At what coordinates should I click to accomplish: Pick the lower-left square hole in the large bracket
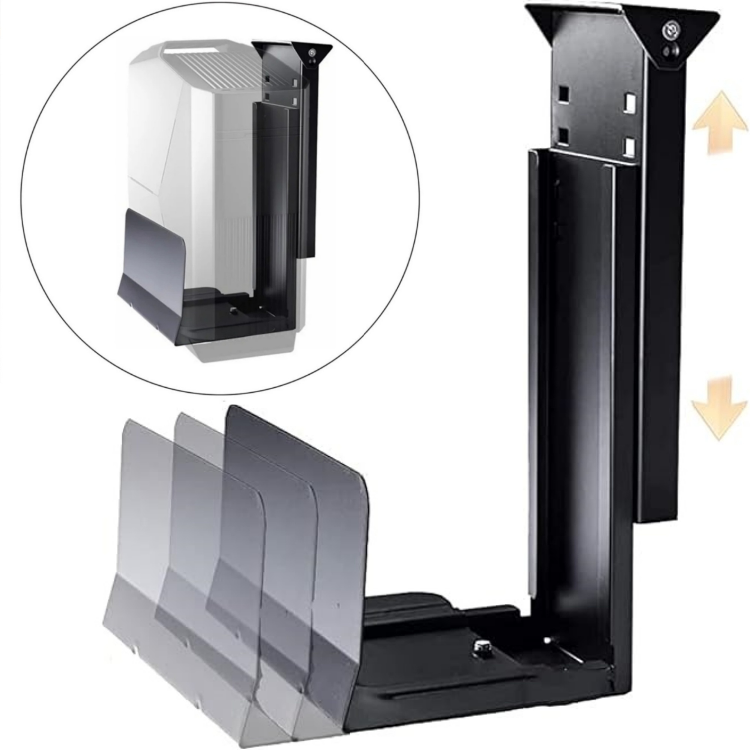[563, 135]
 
